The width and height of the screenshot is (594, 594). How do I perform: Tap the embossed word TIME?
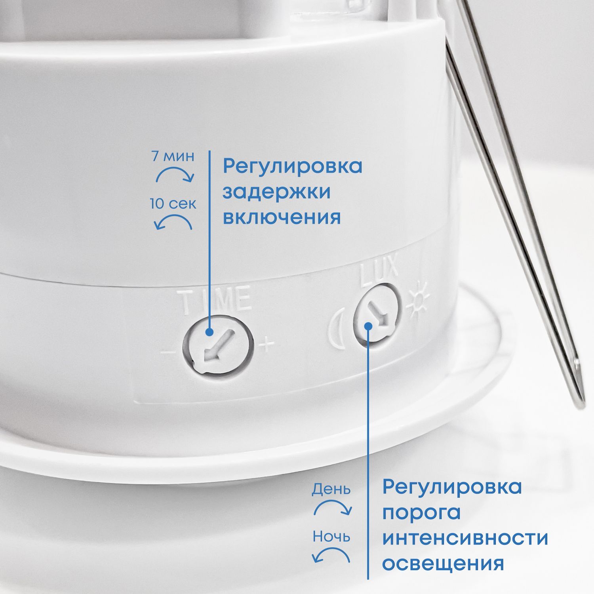[x=216, y=301]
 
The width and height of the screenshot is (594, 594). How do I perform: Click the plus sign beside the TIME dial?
[x=267, y=345]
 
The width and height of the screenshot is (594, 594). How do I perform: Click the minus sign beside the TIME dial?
[x=168, y=352]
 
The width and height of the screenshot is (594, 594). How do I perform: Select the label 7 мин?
[x=173, y=156]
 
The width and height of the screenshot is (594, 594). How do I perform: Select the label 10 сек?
[x=173, y=204]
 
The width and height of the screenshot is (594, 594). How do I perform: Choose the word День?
[x=331, y=490]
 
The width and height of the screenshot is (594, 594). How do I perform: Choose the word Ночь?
[x=331, y=537]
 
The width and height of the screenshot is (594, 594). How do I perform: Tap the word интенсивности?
[x=465, y=538]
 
